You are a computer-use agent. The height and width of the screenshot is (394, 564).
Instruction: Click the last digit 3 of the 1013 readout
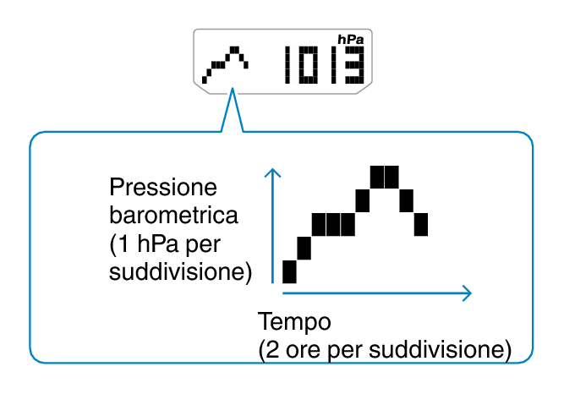354,66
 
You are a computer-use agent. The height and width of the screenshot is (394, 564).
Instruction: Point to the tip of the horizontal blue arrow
470,293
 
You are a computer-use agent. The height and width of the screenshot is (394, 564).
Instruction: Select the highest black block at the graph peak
384,178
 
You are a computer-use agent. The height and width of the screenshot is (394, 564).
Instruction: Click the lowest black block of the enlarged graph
289,272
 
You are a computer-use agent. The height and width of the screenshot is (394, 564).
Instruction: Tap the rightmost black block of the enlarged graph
420,225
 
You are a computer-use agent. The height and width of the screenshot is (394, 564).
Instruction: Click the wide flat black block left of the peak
340,225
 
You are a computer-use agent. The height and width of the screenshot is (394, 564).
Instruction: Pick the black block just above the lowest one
304,249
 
